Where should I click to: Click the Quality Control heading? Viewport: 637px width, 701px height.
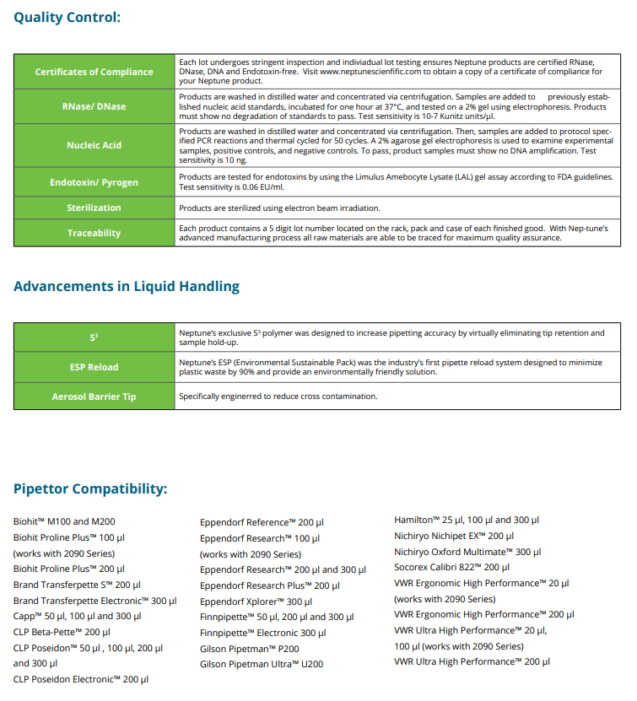pos(67,17)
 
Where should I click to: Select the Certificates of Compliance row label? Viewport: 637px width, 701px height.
pos(94,72)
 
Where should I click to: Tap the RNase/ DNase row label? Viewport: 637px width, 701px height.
pos(94,106)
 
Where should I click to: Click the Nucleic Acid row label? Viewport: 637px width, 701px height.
pos(94,145)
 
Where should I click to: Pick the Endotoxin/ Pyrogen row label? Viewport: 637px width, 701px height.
pos(94,181)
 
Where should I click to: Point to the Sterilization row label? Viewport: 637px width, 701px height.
pos(94,208)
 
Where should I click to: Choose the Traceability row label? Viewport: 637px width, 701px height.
pos(94,233)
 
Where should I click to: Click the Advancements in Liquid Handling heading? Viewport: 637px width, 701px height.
pos(127,287)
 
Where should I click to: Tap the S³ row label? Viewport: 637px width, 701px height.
pos(94,337)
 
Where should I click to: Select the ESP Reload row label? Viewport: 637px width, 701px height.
pos(94,367)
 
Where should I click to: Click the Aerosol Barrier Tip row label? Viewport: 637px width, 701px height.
pos(94,396)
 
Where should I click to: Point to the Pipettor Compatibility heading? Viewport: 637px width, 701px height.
pos(90,489)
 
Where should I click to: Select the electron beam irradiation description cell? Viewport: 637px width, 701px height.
pos(279,208)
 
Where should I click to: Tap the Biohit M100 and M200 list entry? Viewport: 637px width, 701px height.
pos(64,521)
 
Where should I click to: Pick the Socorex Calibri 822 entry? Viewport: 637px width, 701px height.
pos(451,567)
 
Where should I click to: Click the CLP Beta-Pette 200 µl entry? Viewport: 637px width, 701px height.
pos(62,632)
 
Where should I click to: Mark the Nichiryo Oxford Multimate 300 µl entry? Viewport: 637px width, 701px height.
pos(467,552)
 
